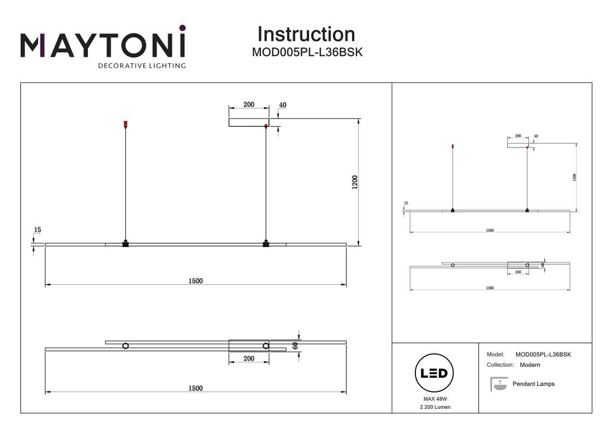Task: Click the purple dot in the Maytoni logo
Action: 182,27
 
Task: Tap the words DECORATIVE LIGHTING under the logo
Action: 141,66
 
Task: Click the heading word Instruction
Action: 306,34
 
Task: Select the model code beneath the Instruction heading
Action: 307,52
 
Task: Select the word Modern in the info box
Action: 530,365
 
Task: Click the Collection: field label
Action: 500,365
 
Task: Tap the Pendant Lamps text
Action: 533,384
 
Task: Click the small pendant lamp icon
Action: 497,384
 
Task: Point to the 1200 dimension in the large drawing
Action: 355,182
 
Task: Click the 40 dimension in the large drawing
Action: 282,104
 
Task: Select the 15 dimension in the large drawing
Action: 37,230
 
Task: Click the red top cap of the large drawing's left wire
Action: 126,124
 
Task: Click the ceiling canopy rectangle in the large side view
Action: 248,122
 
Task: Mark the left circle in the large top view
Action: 126,346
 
